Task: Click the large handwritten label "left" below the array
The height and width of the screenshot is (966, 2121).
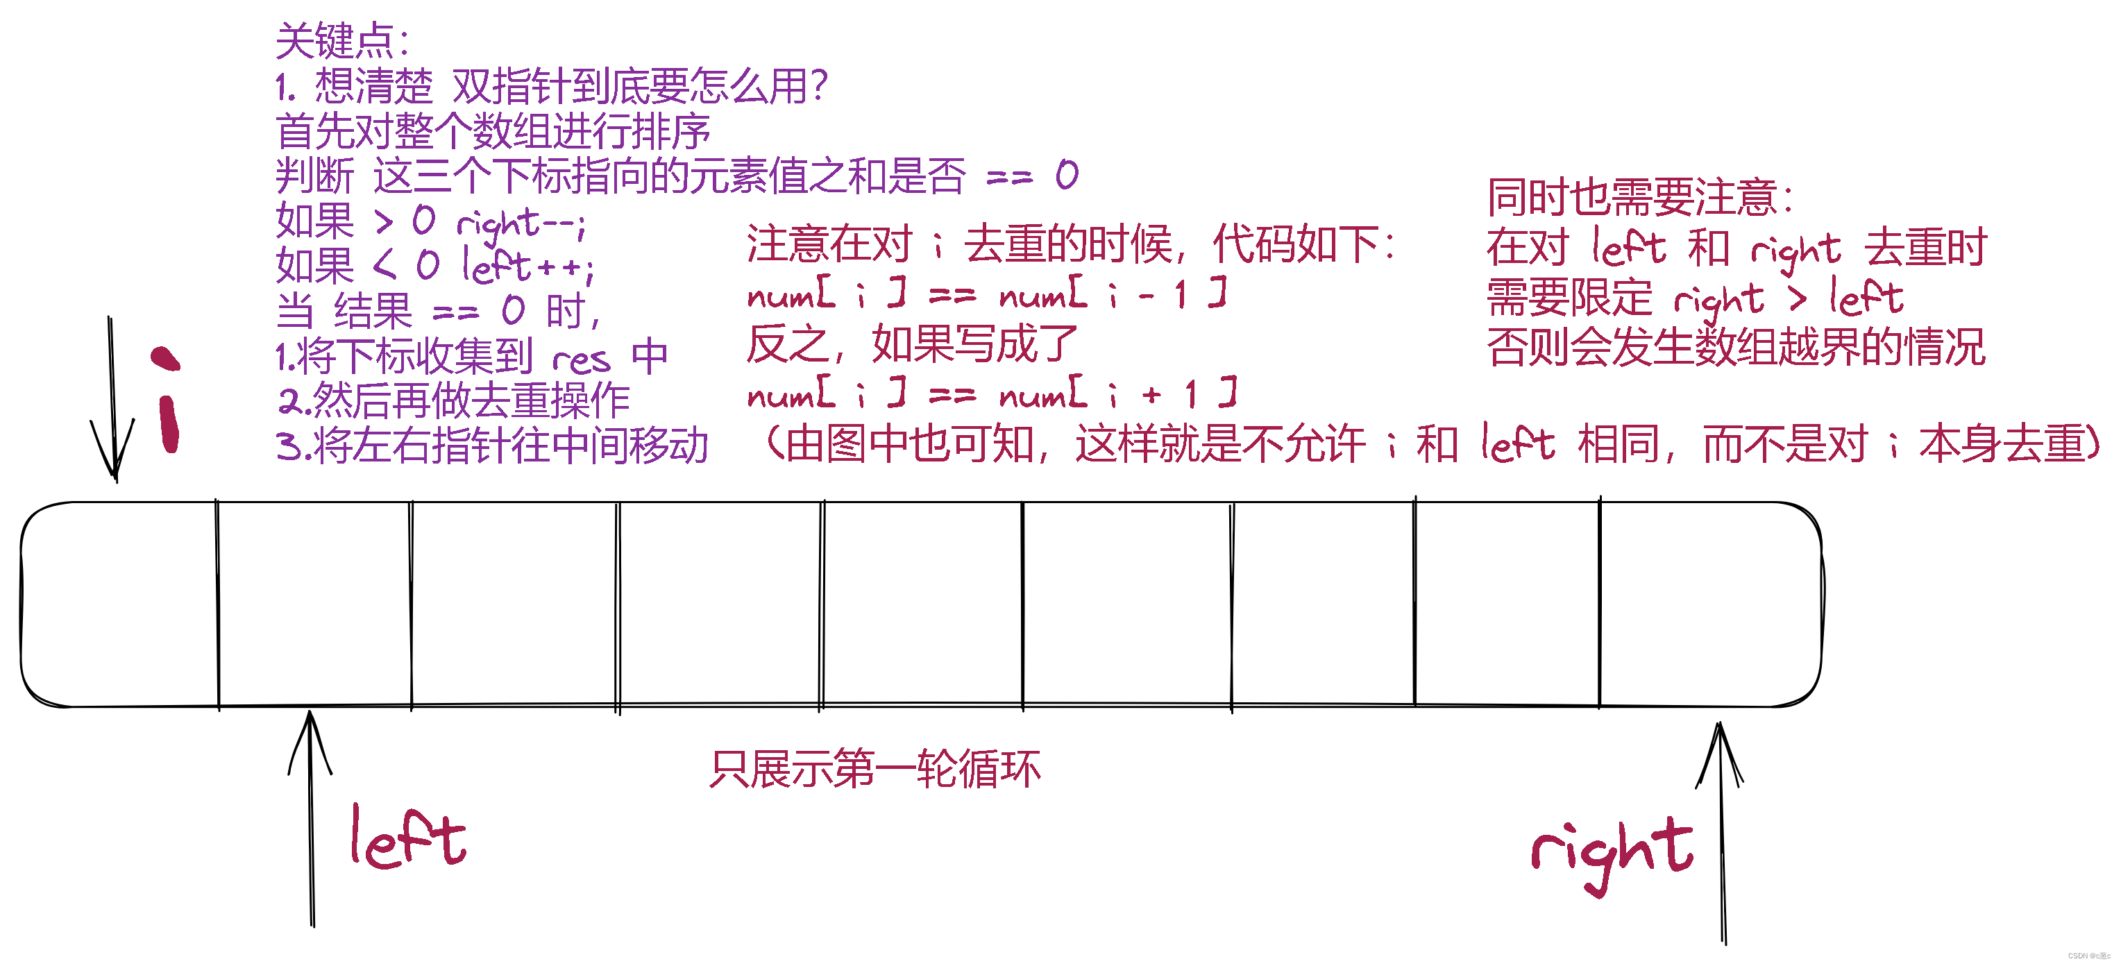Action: [x=407, y=838]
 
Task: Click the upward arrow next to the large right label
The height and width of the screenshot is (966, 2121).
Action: [x=1720, y=832]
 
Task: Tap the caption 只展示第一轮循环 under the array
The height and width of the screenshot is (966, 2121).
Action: [x=874, y=769]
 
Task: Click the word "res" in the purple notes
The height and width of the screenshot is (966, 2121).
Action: [x=582, y=359]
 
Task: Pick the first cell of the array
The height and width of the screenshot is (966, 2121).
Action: [x=119, y=604]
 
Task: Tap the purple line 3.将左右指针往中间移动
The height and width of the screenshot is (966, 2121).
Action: [x=492, y=446]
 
